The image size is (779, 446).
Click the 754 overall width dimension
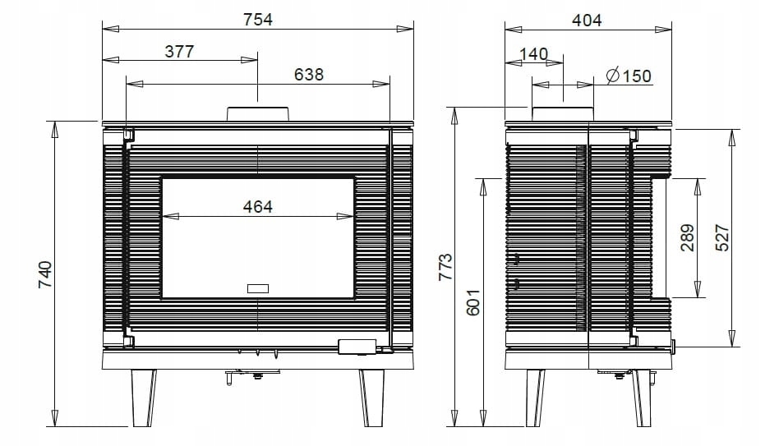tap(258, 20)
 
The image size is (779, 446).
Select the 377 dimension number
tap(179, 51)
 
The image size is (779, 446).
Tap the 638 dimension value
tap(308, 75)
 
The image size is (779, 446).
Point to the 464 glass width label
tap(258, 207)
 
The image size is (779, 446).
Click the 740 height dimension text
tap(45, 274)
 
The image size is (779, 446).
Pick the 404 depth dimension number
tap(587, 21)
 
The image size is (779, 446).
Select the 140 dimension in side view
tap(533, 53)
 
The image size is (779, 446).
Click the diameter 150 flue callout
tap(629, 76)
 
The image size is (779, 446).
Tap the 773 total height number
tap(445, 267)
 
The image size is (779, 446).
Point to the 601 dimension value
tap(473, 302)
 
